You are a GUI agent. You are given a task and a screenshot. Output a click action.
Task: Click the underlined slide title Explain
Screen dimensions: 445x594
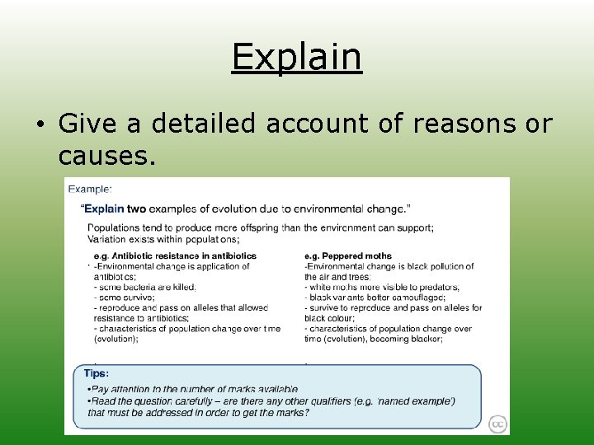click(x=296, y=57)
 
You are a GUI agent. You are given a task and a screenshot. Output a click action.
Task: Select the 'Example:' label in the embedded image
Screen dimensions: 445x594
click(x=90, y=189)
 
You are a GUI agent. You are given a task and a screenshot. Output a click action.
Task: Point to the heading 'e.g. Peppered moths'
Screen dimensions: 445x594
click(x=348, y=256)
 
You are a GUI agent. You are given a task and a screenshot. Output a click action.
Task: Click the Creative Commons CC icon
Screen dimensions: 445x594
click(x=497, y=424)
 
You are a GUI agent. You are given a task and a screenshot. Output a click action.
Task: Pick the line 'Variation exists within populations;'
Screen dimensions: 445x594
click(x=163, y=239)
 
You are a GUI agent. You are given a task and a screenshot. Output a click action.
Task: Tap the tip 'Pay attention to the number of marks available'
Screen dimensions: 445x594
click(x=194, y=388)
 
